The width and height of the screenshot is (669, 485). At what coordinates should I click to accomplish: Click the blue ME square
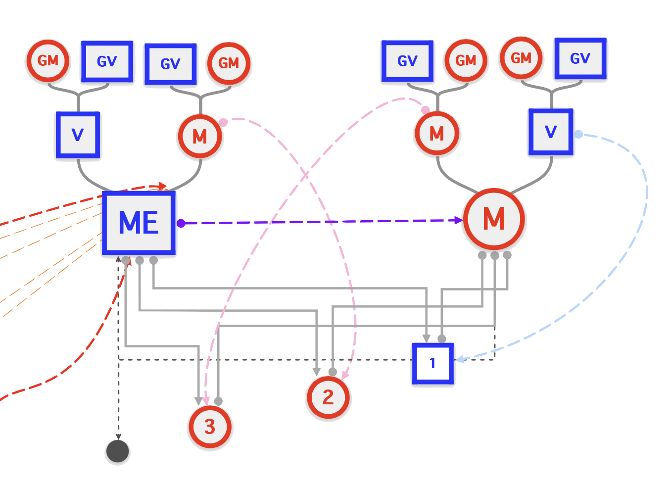tap(139, 223)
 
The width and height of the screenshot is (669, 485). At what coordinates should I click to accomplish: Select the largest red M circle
tap(494, 219)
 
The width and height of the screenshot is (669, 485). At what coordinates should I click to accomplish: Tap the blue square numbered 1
tap(432, 364)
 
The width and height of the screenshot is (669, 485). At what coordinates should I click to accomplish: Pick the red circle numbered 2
tap(328, 397)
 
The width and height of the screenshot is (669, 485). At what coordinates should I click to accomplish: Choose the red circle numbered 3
tap(210, 427)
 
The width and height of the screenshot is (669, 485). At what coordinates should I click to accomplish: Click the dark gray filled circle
tap(118, 451)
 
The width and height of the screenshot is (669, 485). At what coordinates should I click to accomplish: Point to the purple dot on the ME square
tap(181, 223)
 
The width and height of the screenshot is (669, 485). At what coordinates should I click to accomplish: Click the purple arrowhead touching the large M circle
tap(458, 220)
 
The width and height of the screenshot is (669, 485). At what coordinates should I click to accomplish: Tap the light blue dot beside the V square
tap(578, 134)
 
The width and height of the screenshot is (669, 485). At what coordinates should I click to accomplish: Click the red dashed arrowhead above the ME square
tap(161, 186)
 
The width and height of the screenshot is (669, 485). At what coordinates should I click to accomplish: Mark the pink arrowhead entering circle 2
tap(345, 377)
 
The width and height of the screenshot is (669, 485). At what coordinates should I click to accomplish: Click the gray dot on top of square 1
tap(442, 339)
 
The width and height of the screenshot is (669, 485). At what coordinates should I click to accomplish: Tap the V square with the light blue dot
tap(551, 133)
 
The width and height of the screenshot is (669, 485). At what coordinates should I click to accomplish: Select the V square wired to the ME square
tap(78, 135)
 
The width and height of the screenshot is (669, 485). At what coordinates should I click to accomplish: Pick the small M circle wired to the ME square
tap(200, 136)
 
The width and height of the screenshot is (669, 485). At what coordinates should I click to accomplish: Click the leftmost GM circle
tap(48, 61)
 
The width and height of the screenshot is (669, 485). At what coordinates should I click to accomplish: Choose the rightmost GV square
tap(580, 59)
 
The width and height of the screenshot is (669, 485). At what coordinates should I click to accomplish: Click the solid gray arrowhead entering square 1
tap(426, 338)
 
